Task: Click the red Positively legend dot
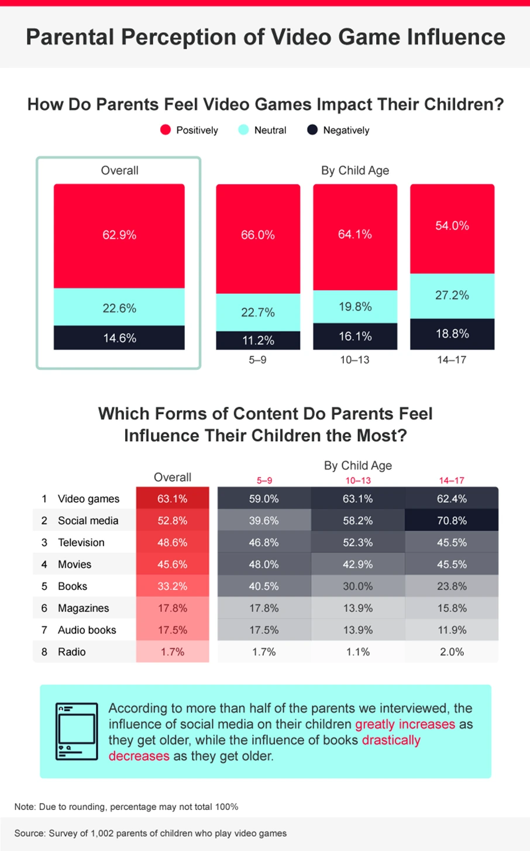coord(166,130)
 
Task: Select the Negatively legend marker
coord(312,130)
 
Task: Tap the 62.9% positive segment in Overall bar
coord(119,235)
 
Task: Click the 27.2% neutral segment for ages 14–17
coord(452,296)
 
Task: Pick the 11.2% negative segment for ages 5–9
coord(258,340)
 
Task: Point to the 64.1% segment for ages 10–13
coord(355,235)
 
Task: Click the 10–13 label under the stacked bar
coord(355,360)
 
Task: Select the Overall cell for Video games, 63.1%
coord(173,499)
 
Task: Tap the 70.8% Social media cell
coord(452,520)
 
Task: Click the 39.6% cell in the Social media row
coord(264,520)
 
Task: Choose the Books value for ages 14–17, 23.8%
coord(452,586)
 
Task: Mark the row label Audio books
coord(87,630)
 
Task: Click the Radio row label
coord(71,651)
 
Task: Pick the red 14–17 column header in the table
coord(452,481)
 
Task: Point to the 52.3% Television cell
coord(357,543)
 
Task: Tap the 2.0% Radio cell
coord(452,651)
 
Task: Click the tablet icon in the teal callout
coord(76,730)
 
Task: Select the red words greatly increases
coord(405,724)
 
